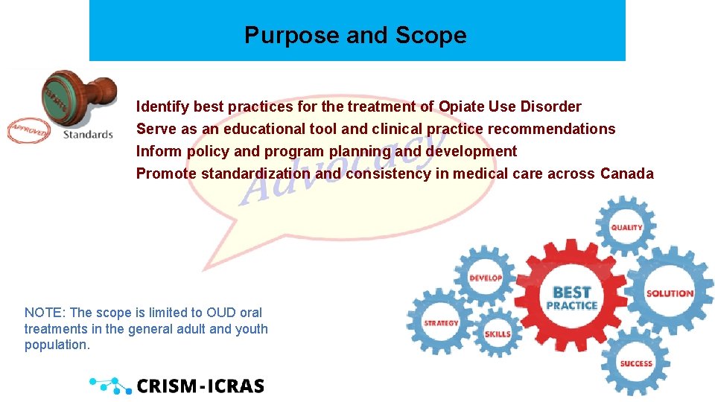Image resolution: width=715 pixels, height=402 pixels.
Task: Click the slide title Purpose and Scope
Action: [x=355, y=35]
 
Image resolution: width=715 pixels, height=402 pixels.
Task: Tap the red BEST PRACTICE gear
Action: [x=571, y=297]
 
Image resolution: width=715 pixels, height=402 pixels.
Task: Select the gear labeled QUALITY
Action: [x=626, y=227]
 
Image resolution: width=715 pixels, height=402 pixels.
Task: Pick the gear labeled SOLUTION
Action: [x=669, y=293]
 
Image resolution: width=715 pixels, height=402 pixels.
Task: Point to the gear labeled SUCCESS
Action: [x=636, y=363]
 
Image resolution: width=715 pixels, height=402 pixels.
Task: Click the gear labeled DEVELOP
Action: [x=485, y=278]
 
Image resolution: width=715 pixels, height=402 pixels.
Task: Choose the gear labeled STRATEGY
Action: [x=441, y=322]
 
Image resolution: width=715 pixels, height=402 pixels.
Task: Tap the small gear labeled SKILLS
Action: [x=498, y=334]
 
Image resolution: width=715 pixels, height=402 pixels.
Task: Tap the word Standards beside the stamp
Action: [x=88, y=135]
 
